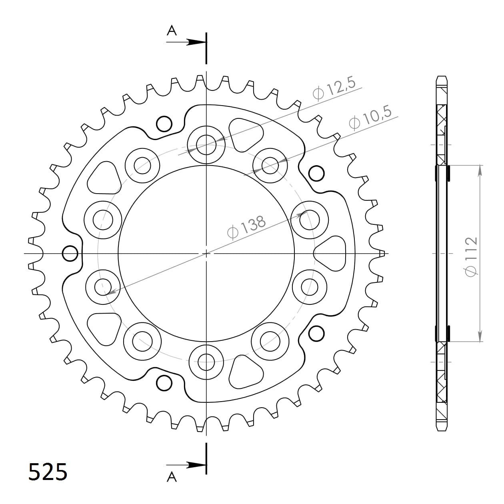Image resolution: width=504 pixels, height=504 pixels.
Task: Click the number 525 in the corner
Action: (x=48, y=472)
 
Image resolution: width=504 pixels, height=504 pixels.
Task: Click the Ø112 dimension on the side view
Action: (x=471, y=256)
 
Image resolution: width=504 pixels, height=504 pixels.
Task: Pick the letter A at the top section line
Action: (x=172, y=30)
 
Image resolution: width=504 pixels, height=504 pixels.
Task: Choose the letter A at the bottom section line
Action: (x=172, y=477)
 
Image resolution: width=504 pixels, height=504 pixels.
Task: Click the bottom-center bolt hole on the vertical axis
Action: (x=206, y=363)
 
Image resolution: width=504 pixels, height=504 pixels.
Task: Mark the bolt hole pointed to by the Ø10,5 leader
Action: (x=270, y=165)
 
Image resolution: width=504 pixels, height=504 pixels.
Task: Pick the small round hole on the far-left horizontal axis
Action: (x=70, y=253)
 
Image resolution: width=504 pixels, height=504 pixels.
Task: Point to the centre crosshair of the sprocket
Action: (x=206, y=253)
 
